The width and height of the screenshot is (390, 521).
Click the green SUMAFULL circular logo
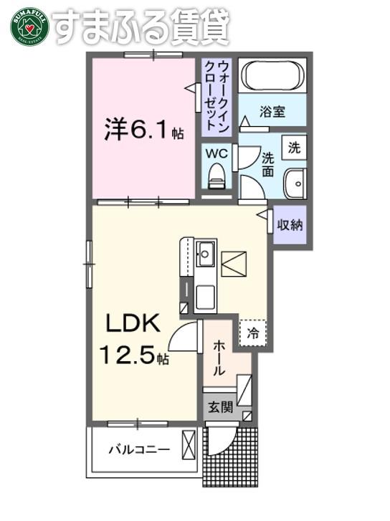[x=30, y=27]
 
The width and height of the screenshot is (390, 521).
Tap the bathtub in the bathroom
[x=272, y=75]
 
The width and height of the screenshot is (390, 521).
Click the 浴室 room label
[x=272, y=112]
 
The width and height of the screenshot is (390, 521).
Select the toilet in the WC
[x=217, y=177]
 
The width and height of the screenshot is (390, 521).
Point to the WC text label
[x=217, y=153]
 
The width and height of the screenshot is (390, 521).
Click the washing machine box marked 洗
[x=294, y=147]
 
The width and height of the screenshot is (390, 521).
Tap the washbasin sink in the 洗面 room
[x=295, y=183]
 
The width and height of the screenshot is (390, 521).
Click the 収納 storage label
[x=290, y=225]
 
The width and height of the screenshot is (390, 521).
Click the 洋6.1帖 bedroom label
[x=143, y=129]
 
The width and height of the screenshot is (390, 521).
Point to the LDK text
[x=133, y=323]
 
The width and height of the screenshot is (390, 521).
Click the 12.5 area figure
[x=128, y=354]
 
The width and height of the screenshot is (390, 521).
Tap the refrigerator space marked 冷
[x=252, y=333]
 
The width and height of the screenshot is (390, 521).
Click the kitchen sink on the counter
[x=206, y=254]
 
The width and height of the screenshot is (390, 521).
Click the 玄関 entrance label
[x=220, y=407]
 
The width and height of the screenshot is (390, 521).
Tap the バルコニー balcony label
[x=140, y=450]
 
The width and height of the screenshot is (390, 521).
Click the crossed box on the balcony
[x=189, y=445]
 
